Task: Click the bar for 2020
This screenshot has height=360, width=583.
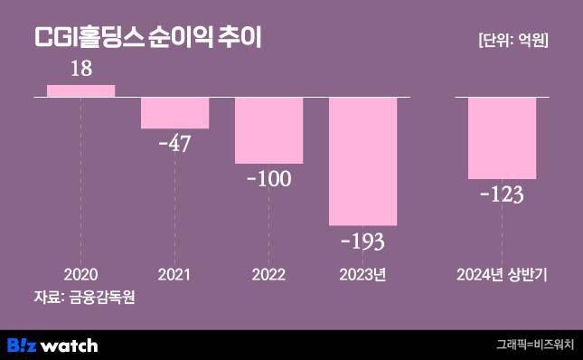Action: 80,90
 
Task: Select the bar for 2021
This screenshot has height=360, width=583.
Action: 174,112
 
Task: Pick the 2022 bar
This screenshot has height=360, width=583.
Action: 268,130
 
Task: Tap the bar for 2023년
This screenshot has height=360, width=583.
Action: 362,160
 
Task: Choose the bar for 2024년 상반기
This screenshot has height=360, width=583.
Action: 502,137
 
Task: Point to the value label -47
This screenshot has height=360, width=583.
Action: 174,144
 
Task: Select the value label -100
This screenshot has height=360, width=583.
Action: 268,178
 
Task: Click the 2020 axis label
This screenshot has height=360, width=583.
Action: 80,274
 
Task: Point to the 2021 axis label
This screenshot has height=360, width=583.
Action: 174,274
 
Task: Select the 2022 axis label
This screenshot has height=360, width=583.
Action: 268,274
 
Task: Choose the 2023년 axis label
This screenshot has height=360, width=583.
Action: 362,274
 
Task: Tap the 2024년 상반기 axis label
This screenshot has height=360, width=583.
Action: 502,274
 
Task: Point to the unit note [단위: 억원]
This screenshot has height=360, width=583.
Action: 512,40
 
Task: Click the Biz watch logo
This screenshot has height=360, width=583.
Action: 52,345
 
